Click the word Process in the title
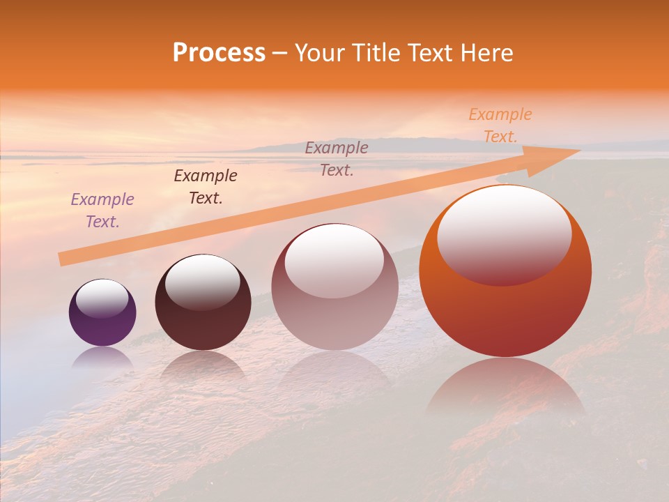pyautogui.click(x=219, y=52)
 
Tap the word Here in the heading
pyautogui.click(x=487, y=52)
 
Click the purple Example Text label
pyautogui.click(x=102, y=211)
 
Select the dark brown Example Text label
pyautogui.click(x=206, y=187)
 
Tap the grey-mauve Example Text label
pyautogui.click(x=337, y=159)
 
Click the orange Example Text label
pyautogui.click(x=500, y=125)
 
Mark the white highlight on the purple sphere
pyautogui.click(x=102, y=298)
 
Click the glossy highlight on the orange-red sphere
pyautogui.click(x=504, y=235)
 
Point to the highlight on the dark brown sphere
pyautogui.click(x=202, y=282)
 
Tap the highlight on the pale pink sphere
pyautogui.click(x=334, y=261)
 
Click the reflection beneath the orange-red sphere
pyautogui.click(x=505, y=387)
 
